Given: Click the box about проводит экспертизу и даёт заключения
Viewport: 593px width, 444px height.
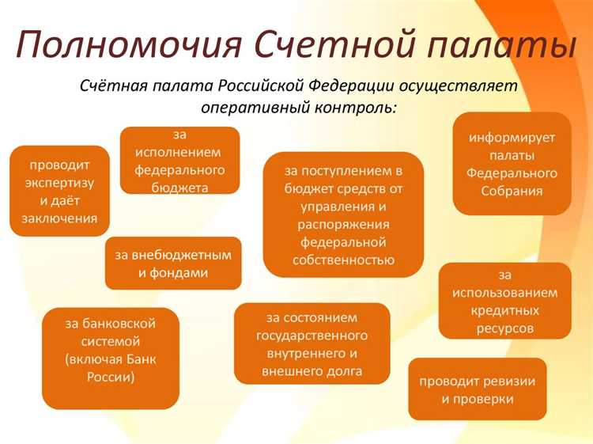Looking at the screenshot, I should coord(59,192).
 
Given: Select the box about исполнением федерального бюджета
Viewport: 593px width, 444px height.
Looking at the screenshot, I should coord(179,161).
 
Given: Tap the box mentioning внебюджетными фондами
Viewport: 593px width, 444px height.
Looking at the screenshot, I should coord(173,264).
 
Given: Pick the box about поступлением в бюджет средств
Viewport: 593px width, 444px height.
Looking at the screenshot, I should coord(343,214).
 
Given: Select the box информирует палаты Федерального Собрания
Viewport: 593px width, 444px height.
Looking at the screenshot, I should coord(512,164).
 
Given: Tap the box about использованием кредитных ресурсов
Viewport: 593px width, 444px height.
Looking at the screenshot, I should coord(505,300).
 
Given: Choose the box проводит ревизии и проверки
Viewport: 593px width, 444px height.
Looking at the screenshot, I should coord(478,389).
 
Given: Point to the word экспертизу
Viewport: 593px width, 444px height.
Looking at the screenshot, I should coord(59,183).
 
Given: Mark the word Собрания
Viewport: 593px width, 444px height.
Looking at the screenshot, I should coord(512,191).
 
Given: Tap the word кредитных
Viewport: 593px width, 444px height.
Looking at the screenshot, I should coord(505,309).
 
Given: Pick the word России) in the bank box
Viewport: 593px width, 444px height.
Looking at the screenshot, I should coord(110,377).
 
